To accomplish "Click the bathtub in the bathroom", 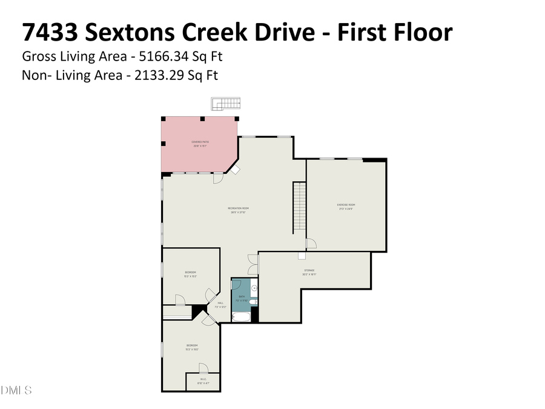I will point(241,316).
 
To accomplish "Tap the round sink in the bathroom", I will point(254,288).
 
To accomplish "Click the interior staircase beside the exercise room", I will point(299,207).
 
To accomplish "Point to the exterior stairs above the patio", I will point(226,104).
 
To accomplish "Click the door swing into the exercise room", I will point(311,244).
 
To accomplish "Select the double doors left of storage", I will point(253,265).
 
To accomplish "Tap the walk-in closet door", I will point(204,368).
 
